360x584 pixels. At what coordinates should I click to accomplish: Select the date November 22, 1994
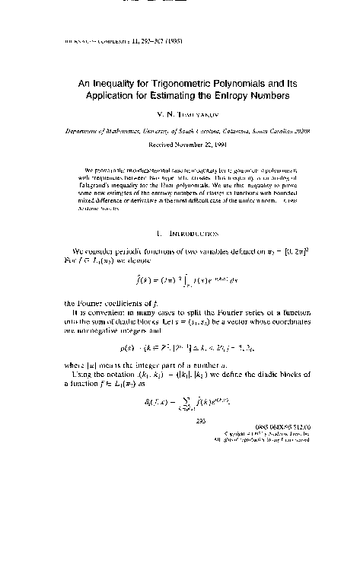point(196,143)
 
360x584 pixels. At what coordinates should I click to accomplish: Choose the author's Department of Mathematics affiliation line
point(180,130)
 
